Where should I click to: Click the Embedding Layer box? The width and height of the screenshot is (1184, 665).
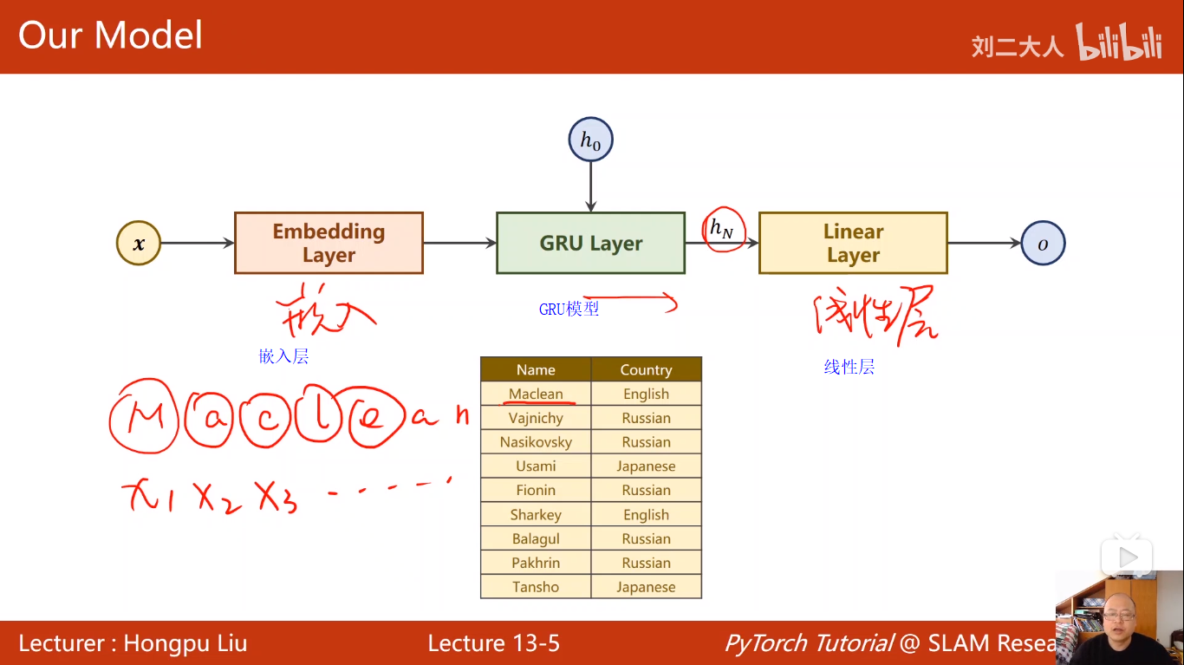[x=329, y=243]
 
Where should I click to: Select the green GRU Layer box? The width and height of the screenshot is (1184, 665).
[x=590, y=243]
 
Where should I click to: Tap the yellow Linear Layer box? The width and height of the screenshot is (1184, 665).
[x=853, y=243]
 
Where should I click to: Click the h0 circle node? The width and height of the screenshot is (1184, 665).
[x=590, y=141]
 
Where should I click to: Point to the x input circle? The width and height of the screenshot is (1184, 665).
[x=139, y=244]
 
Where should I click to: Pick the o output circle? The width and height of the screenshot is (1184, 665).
[x=1043, y=244]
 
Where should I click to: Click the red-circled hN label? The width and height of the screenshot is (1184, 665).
[x=722, y=229]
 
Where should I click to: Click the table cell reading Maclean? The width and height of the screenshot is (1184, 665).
[x=536, y=394]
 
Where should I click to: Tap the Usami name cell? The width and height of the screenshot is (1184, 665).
[x=536, y=466]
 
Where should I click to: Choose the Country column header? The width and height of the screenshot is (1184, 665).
[x=646, y=369]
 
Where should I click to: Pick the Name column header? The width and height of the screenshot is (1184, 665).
[x=536, y=369]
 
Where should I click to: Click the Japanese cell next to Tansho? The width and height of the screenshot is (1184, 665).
[x=646, y=587]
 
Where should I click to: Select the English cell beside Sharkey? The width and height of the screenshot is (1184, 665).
[x=646, y=514]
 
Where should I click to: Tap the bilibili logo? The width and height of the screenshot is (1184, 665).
[x=1119, y=42]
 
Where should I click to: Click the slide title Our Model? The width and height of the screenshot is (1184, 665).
[x=110, y=36]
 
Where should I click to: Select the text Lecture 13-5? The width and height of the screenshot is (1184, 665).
[x=493, y=643]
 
